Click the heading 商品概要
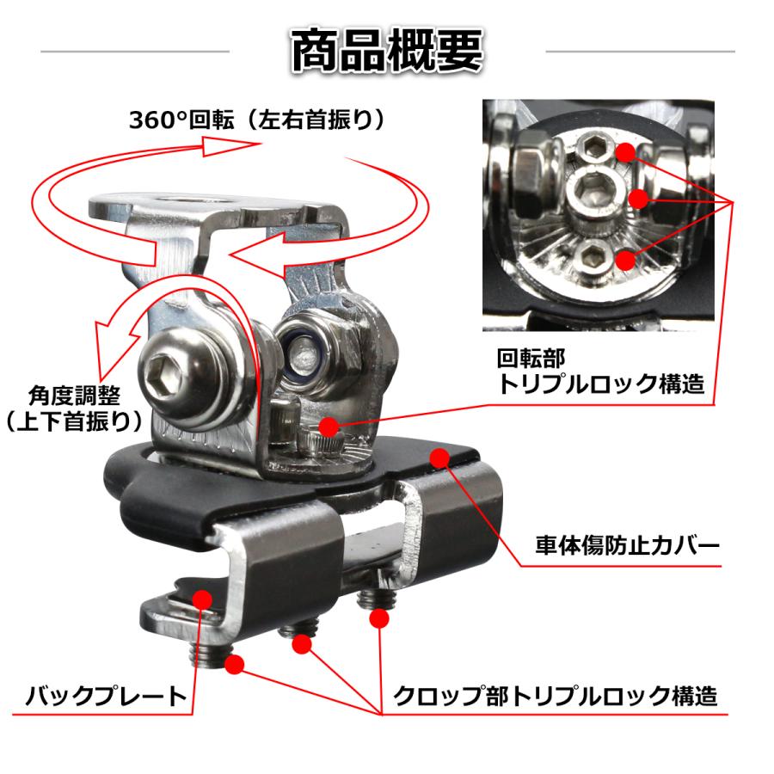coord(387,51)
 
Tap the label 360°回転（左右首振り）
coord(256,119)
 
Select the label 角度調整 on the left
coord(71,396)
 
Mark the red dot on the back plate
coord(203,598)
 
